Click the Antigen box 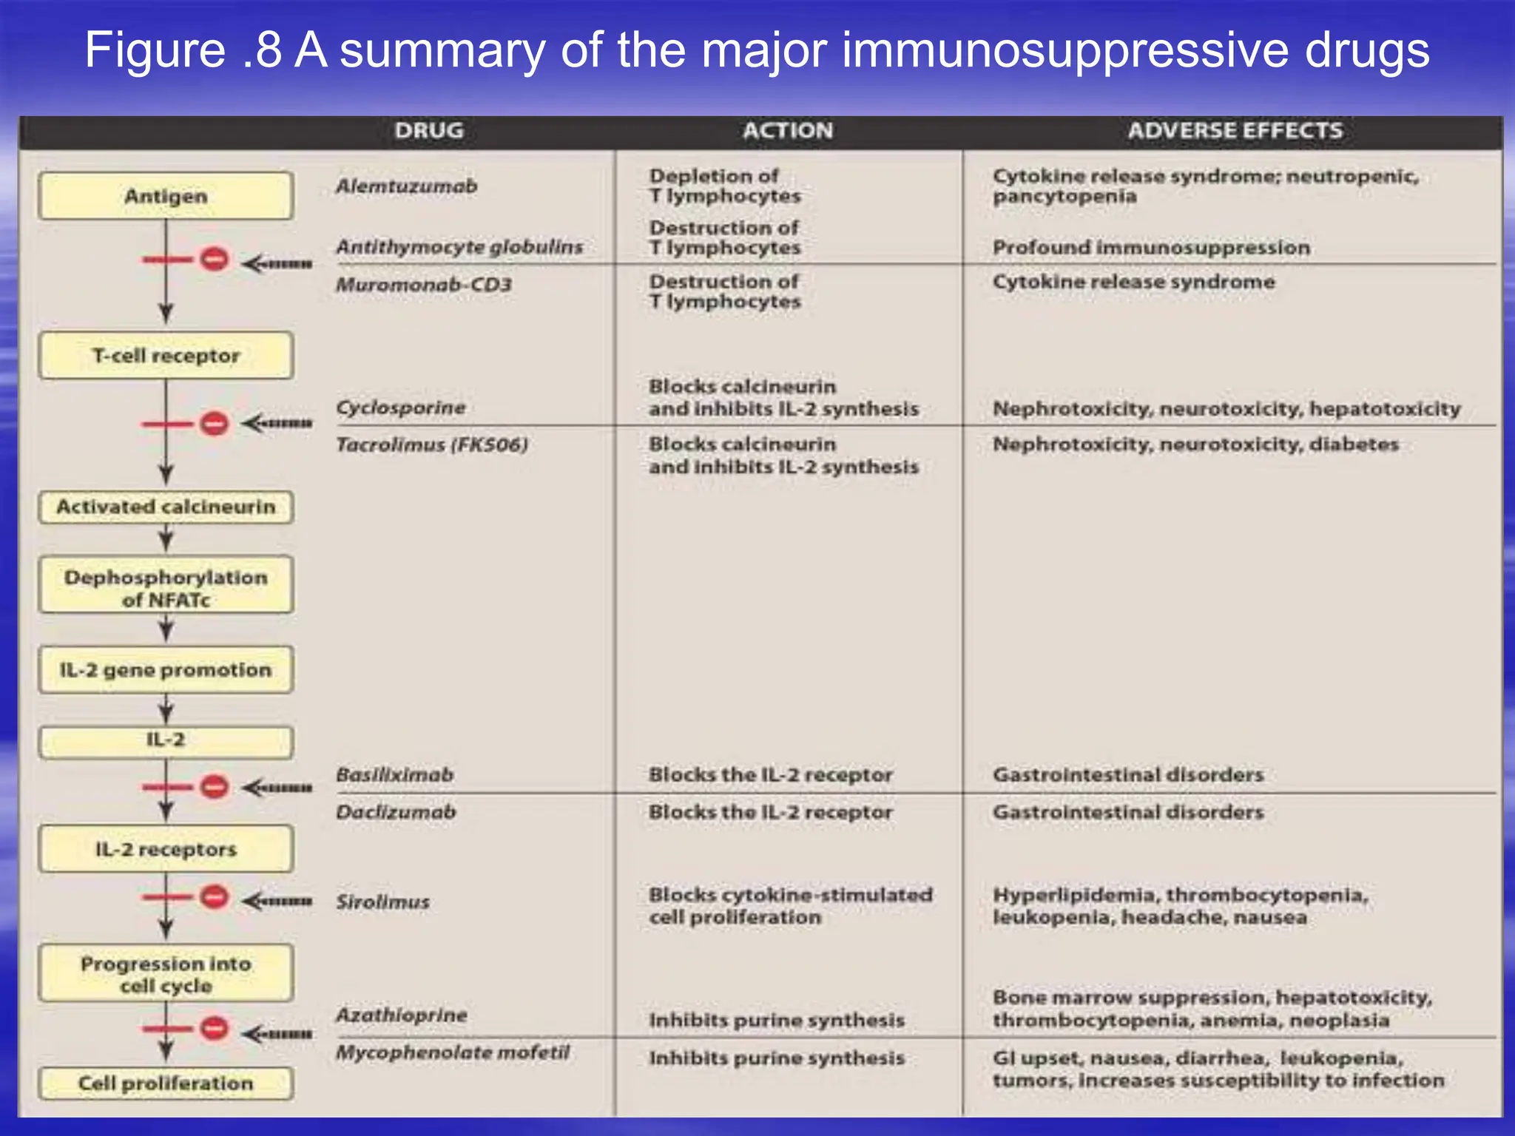166,196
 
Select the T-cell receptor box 166,356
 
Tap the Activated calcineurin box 166,507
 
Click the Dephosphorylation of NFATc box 166,588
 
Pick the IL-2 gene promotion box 166,670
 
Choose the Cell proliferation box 166,1083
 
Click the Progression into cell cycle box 166,974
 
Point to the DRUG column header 429,131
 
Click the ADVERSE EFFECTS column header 1235,131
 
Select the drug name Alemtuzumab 406,186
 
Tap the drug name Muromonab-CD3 423,285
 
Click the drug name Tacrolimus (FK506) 432,444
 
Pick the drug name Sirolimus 382,902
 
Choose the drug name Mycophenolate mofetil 453,1052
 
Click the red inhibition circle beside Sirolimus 215,898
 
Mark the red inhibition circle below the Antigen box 215,260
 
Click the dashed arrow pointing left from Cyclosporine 277,424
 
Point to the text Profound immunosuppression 1151,248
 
